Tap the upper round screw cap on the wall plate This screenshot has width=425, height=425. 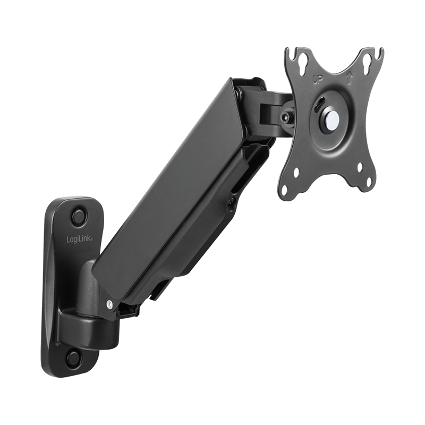79,216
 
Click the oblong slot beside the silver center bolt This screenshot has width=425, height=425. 321,103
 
